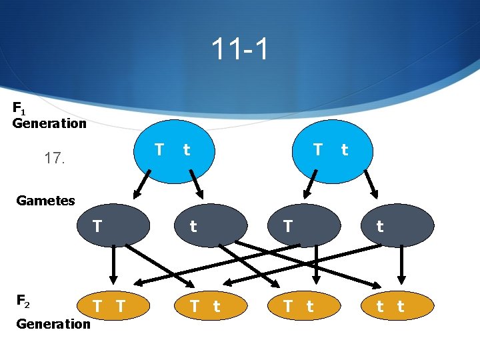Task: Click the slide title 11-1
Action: click(x=240, y=49)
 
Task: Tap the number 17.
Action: click(x=55, y=159)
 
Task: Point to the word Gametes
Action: click(x=45, y=200)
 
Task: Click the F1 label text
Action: click(x=20, y=107)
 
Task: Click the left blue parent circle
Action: click(x=173, y=152)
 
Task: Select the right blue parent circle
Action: click(x=333, y=152)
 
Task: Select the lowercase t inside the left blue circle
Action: click(x=187, y=150)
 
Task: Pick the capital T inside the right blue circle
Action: click(x=318, y=149)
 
